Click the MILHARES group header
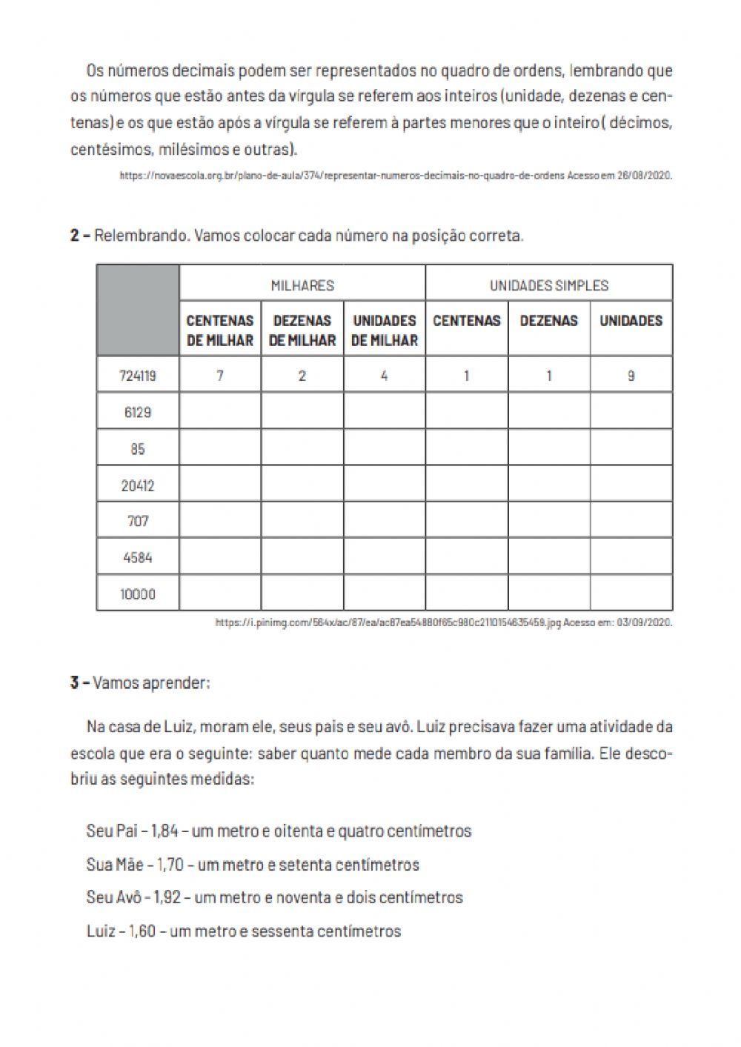(x=302, y=285)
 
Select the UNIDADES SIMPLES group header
(x=548, y=285)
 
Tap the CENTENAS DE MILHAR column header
(x=220, y=330)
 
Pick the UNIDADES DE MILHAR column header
(x=384, y=330)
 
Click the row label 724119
(x=138, y=376)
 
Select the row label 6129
(x=138, y=412)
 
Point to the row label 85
(x=138, y=449)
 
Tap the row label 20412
(x=138, y=485)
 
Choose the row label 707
(x=138, y=521)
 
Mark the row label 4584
(x=138, y=557)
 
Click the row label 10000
(x=138, y=594)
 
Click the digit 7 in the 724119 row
(x=220, y=376)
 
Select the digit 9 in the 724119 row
(x=631, y=376)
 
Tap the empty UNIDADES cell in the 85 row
(x=631, y=449)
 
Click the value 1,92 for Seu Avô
(x=167, y=897)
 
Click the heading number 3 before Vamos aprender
(x=75, y=682)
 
